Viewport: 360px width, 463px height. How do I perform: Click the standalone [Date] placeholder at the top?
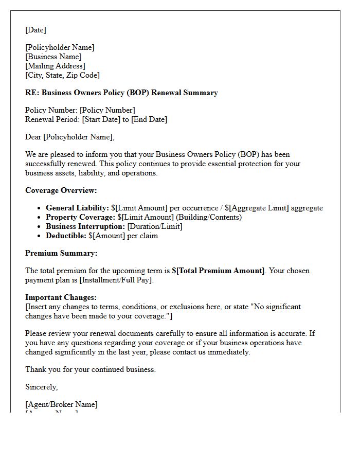[x=35, y=30]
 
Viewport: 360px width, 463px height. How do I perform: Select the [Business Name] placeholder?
[x=53, y=57]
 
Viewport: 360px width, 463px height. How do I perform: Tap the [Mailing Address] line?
[x=55, y=66]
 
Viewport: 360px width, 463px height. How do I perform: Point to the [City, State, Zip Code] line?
[x=62, y=75]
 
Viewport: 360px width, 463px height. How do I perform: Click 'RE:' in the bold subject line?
[x=32, y=93]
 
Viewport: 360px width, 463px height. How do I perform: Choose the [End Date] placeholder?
[x=149, y=119]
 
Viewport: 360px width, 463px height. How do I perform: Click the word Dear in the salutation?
[x=33, y=137]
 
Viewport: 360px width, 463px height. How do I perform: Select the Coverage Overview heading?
[x=61, y=190]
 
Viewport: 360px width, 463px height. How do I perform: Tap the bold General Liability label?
[x=77, y=208]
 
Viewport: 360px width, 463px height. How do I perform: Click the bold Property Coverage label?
[x=80, y=217]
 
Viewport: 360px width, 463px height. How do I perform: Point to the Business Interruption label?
[x=85, y=226]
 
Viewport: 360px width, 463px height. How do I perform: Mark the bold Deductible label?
[x=66, y=236]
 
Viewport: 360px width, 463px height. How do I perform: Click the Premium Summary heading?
[x=61, y=253]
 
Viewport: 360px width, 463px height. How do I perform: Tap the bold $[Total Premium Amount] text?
[x=218, y=271]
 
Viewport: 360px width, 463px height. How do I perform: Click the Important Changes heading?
[x=61, y=297]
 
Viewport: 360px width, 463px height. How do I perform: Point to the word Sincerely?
[x=41, y=387]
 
